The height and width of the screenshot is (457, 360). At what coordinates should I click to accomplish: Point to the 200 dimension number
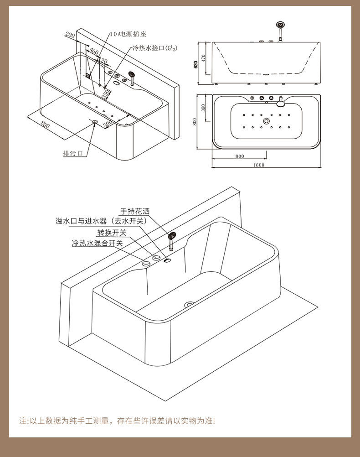(70, 35)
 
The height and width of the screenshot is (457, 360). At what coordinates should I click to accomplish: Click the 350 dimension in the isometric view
(106, 94)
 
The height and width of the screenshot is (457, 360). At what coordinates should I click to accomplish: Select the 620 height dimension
(196, 64)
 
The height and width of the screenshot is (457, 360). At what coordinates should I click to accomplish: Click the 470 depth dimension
(204, 58)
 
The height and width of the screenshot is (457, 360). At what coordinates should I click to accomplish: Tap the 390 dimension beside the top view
(204, 108)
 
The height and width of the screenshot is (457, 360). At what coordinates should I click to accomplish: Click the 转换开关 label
(111, 233)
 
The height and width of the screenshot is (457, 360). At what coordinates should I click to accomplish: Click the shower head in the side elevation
(279, 26)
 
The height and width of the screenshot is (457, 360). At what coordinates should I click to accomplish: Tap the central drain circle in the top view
(266, 121)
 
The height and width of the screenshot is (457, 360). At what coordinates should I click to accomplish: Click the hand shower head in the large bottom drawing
(172, 236)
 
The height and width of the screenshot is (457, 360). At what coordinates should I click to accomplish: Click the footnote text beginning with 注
(117, 421)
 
